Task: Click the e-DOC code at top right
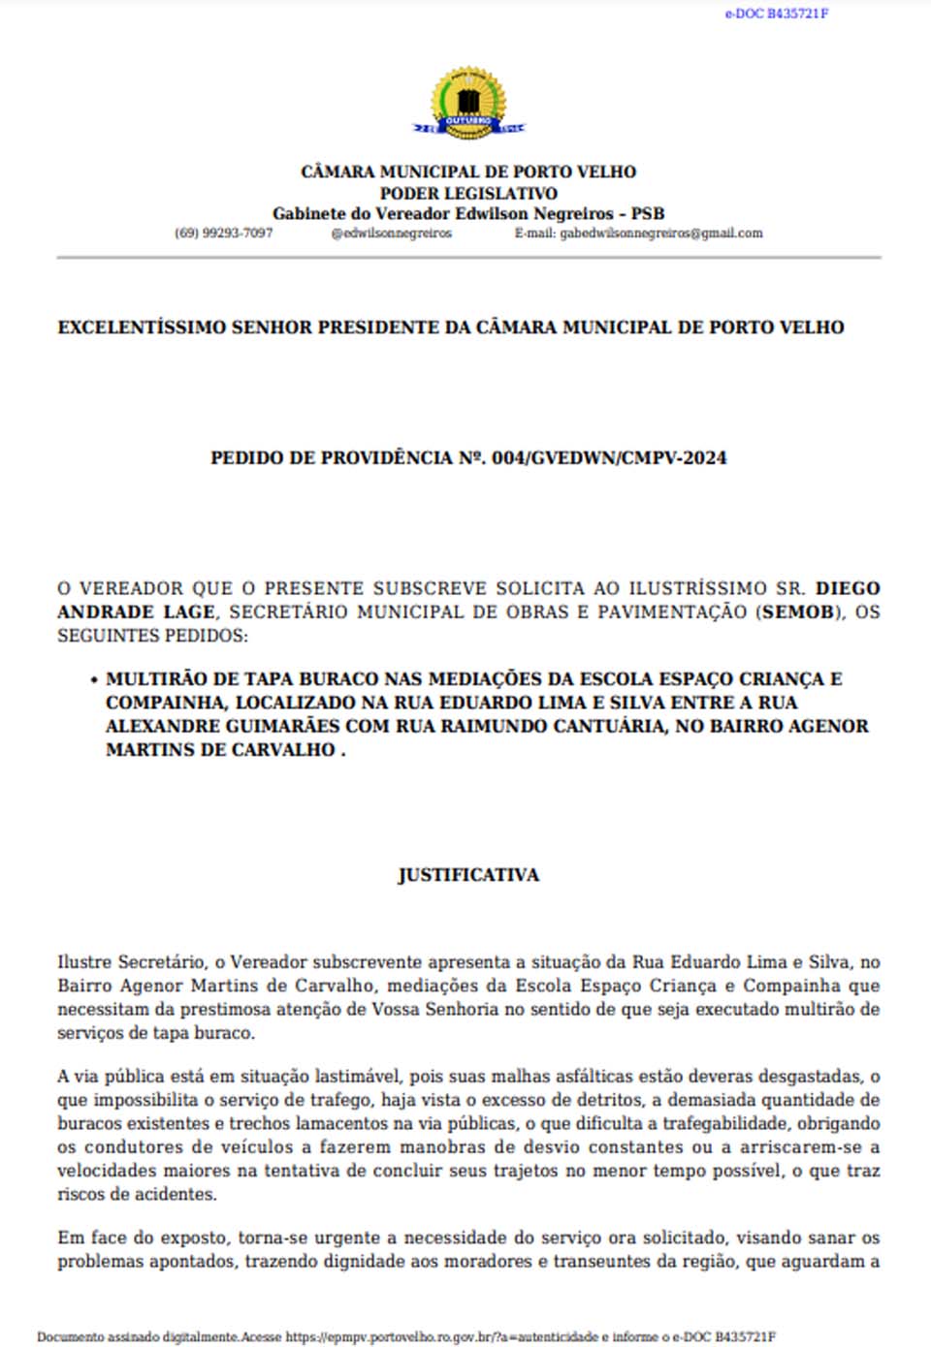point(776,14)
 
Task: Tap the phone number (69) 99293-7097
point(223,234)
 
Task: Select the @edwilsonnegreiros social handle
point(391,234)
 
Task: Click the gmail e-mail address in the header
point(660,234)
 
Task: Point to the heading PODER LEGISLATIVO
point(468,193)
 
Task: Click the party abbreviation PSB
point(647,213)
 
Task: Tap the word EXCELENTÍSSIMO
point(142,328)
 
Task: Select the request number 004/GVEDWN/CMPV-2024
point(609,458)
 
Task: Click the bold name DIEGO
point(848,588)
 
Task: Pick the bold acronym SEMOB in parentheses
point(798,612)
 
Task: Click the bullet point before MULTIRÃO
point(93,680)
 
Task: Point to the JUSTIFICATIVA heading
point(468,875)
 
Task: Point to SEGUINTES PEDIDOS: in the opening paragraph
point(152,636)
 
